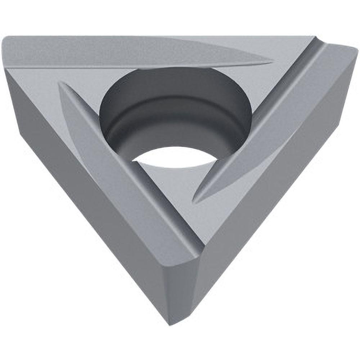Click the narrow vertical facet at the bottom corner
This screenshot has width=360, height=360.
click(180, 288)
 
